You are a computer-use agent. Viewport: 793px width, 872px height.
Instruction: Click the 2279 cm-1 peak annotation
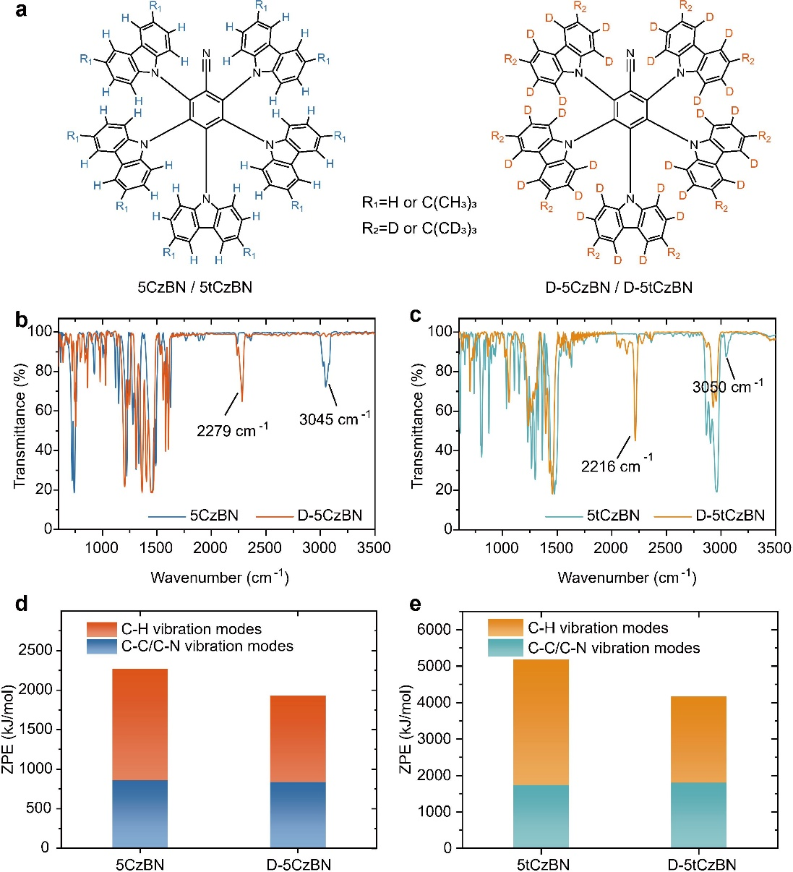(231, 431)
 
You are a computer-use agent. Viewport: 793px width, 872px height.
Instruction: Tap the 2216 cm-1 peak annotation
(616, 466)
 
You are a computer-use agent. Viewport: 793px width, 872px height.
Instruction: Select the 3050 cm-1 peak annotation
(726, 387)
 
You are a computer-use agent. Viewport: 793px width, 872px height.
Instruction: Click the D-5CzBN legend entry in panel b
(329, 516)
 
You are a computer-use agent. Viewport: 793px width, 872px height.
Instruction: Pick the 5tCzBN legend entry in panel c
(612, 516)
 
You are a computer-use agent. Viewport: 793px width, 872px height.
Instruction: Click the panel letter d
(22, 604)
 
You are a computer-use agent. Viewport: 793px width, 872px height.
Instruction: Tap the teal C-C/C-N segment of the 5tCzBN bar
(541, 816)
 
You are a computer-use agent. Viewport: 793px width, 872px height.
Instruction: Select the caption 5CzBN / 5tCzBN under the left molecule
(195, 287)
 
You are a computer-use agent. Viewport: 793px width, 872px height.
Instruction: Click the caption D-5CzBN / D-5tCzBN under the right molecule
(619, 287)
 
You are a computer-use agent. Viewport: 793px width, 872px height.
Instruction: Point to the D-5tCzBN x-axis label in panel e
(699, 865)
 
